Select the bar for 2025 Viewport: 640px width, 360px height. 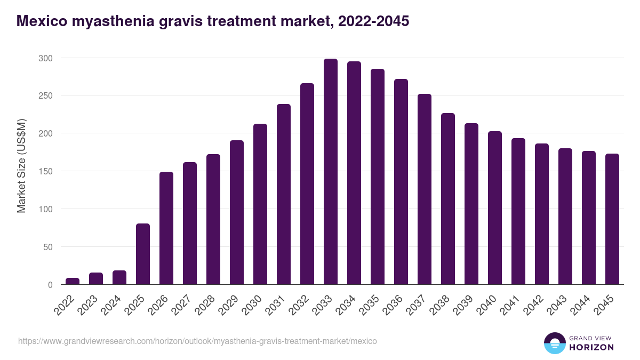(x=143, y=254)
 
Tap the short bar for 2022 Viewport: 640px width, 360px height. (x=73, y=281)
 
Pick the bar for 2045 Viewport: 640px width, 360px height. (x=612, y=219)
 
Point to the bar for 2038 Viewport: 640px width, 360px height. (x=448, y=199)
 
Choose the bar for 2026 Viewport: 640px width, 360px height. (x=166, y=228)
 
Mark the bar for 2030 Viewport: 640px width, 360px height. (x=260, y=204)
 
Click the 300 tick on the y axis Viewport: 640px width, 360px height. (x=46, y=58)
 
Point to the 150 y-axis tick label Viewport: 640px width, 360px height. (x=46, y=171)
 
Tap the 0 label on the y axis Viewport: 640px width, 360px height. (x=50, y=285)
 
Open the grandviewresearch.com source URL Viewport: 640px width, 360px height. (x=197, y=341)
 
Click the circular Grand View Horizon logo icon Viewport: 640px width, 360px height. (x=554, y=343)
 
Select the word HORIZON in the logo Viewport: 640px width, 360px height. (x=591, y=347)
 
